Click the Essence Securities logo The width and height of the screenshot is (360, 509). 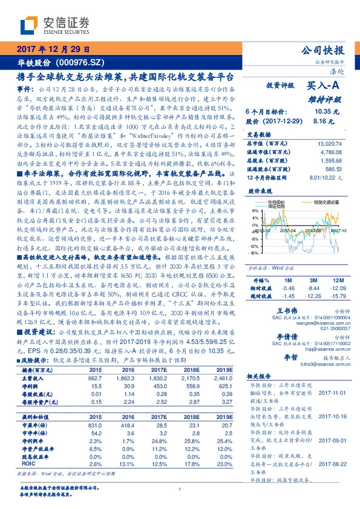pyautogui.click(x=55, y=25)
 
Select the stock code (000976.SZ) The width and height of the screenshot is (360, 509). pyautogui.click(x=82, y=62)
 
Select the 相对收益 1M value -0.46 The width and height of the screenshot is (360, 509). pyautogui.click(x=287, y=288)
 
